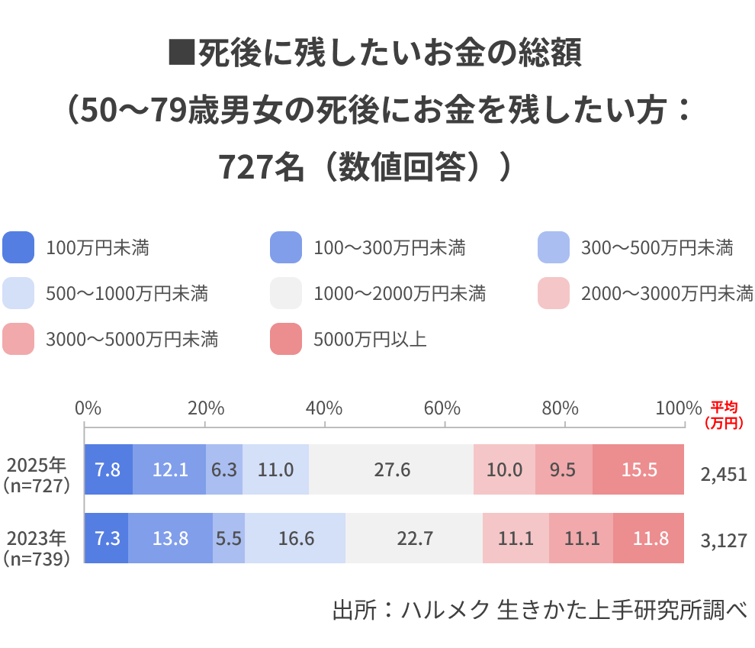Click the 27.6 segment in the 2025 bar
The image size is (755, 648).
point(391,469)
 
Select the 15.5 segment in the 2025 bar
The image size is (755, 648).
point(638,469)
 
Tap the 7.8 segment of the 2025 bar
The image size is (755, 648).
point(108,469)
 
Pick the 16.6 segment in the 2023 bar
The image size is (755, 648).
point(295,538)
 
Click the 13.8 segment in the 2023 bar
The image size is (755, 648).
point(170,538)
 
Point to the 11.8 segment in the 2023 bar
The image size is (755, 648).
point(649,538)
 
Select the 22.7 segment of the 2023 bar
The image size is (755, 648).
point(414,538)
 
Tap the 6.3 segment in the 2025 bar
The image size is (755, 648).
point(224,469)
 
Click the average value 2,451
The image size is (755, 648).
point(723,475)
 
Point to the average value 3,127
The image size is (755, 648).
point(723,541)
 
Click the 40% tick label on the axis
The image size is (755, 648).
point(325,408)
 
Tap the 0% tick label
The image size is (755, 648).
point(88,408)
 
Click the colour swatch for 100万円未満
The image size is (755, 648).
point(19,248)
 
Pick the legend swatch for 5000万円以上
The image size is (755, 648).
point(286,339)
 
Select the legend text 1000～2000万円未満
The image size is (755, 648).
point(400,294)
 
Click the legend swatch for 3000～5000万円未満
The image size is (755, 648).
point(19,339)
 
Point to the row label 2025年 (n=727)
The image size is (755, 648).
point(37,474)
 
